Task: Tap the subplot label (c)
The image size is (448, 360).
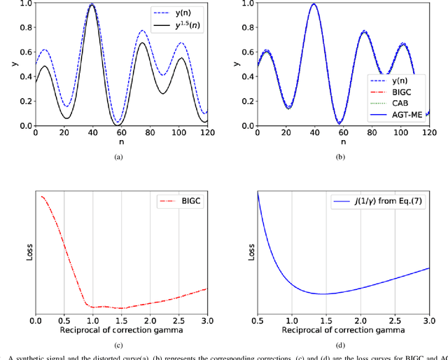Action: [x=118, y=342]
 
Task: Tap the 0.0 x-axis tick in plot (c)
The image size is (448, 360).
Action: [x=36, y=320]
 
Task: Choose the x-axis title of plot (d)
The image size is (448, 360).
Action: [x=343, y=330]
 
